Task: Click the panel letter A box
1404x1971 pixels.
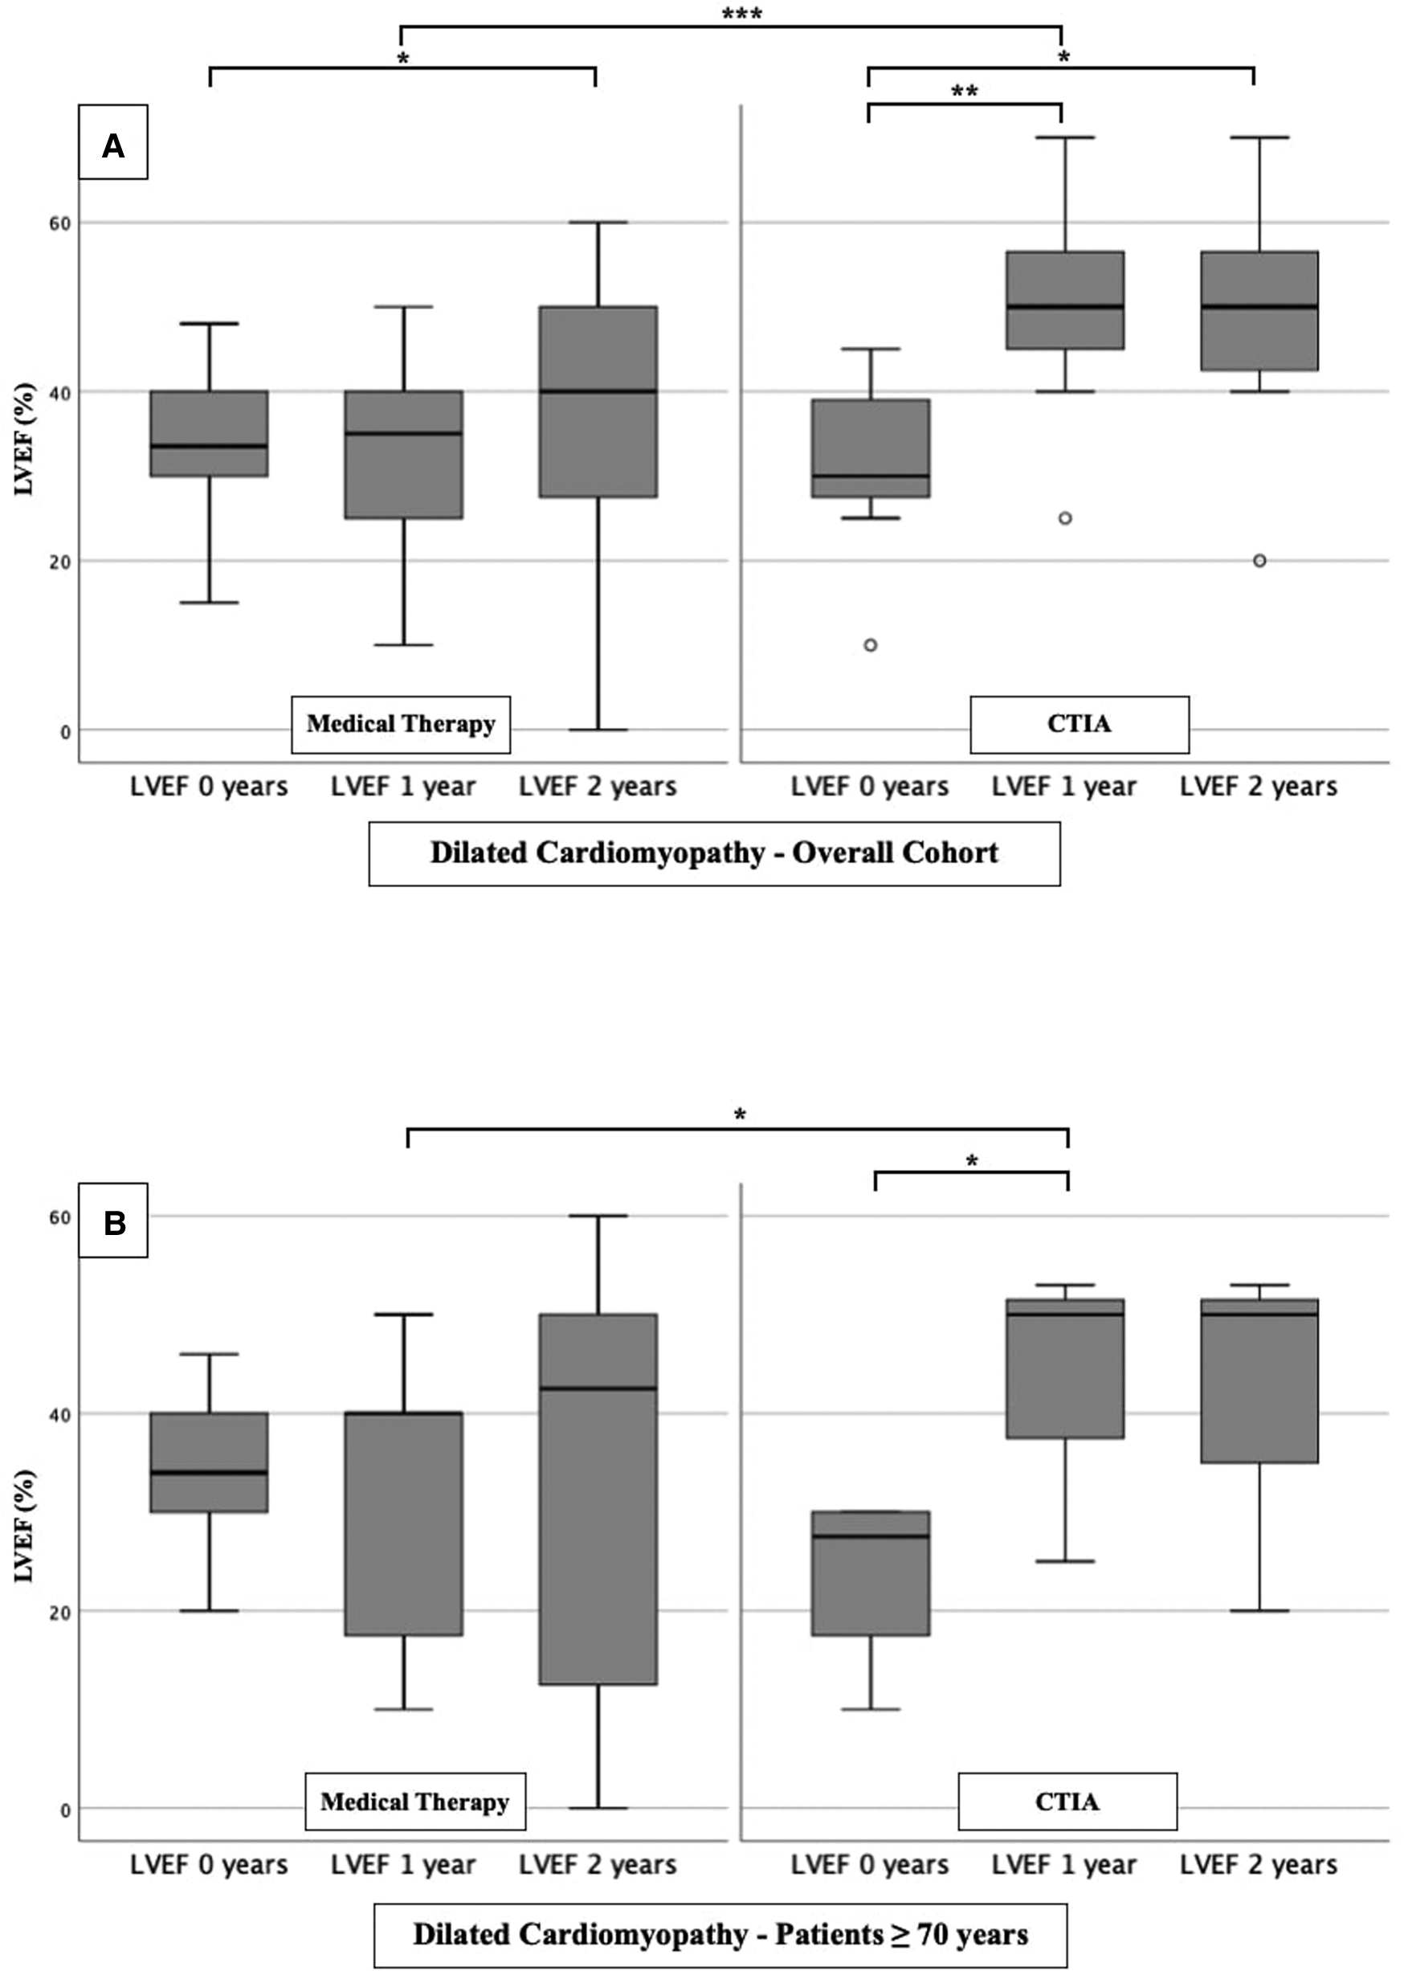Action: (113, 143)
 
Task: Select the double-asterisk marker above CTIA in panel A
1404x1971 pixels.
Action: (964, 92)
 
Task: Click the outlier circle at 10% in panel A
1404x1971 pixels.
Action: (871, 645)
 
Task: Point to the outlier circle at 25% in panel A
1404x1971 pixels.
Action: (1065, 518)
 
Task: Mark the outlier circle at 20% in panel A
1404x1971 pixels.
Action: (1259, 560)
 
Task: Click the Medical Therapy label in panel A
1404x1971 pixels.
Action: (400, 724)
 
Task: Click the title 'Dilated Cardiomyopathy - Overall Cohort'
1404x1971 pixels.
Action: (714, 853)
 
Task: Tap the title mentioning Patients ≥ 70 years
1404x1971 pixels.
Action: (720, 1934)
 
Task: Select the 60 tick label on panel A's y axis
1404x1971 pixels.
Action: (59, 223)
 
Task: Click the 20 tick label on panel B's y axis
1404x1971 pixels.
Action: (59, 1612)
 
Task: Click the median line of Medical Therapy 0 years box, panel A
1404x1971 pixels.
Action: (209, 445)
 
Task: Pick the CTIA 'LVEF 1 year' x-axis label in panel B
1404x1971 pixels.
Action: (1064, 1866)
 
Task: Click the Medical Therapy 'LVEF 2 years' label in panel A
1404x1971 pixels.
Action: (598, 786)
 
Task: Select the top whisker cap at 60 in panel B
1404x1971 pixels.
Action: (598, 1216)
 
